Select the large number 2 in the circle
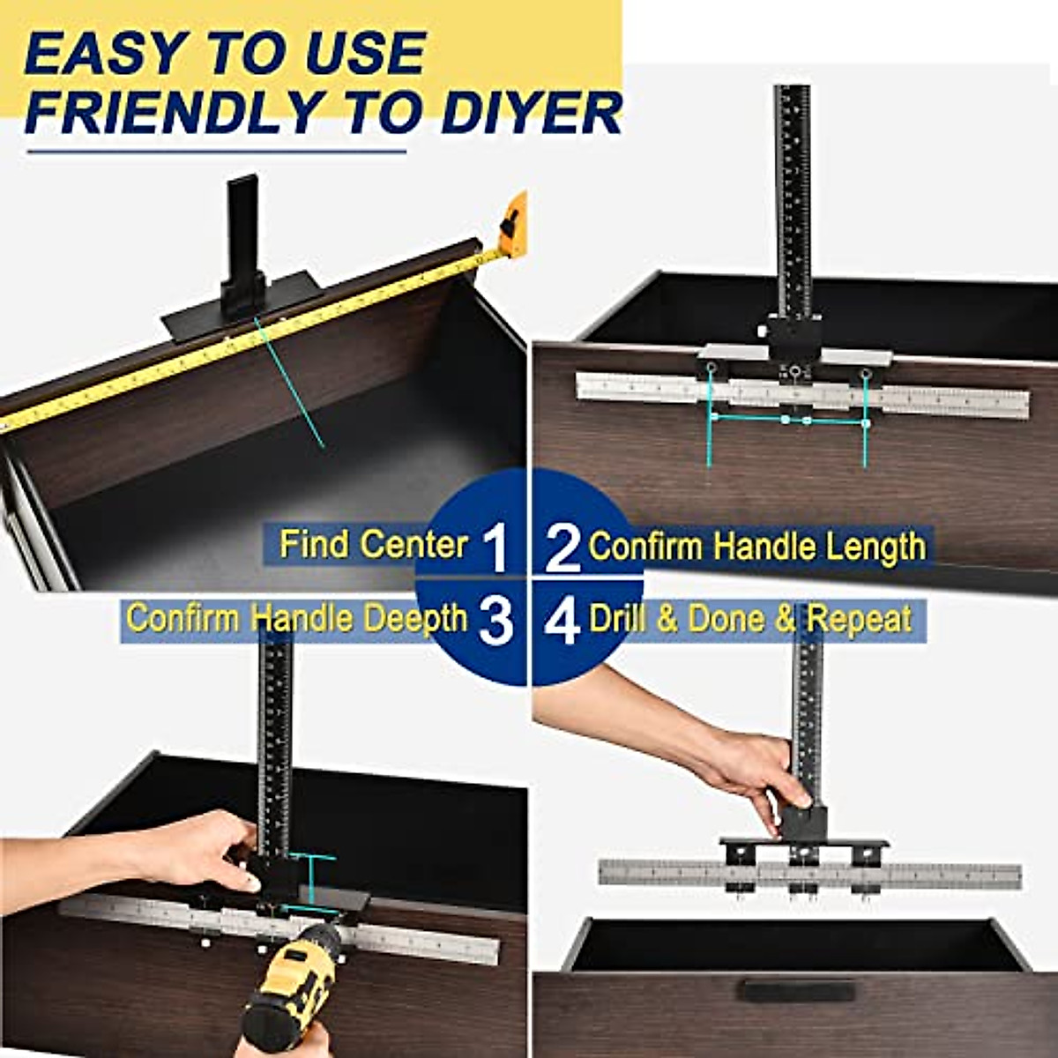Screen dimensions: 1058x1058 pyautogui.click(x=563, y=547)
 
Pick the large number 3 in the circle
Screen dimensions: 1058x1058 pyautogui.click(x=495, y=621)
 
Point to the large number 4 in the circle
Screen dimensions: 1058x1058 pyautogui.click(x=562, y=621)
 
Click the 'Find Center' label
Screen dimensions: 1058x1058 pyautogui.click(x=373, y=544)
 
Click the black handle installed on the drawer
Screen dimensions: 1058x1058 pyautogui.click(x=796, y=991)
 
